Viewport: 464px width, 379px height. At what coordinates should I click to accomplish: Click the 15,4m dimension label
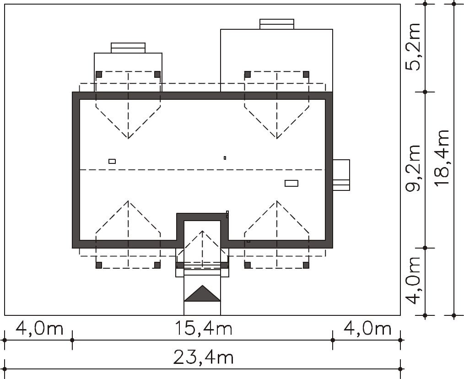204,328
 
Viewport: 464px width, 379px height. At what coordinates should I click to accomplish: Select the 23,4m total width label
204,357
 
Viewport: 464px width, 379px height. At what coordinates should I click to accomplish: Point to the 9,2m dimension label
413,168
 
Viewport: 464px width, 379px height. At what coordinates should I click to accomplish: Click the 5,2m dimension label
413,47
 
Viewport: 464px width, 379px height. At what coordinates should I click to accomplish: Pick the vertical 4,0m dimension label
413,281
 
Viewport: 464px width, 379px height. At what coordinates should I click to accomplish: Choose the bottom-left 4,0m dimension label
39,328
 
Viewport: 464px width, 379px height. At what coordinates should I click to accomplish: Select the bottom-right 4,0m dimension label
367,328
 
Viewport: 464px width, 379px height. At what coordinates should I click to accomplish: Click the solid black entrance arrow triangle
202,293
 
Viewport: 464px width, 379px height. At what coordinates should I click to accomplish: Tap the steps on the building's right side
341,175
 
